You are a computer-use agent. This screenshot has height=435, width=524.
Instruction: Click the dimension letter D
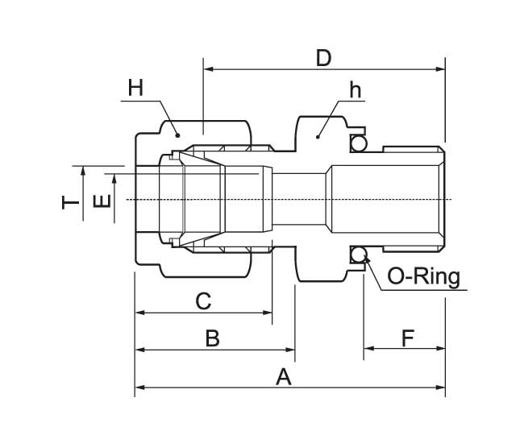323,58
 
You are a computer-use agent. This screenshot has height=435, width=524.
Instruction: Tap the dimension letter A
283,375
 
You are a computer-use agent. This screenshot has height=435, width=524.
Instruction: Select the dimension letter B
212,338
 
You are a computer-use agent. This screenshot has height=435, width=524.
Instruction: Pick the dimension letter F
407,338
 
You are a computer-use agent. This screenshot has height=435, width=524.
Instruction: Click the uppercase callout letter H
135,88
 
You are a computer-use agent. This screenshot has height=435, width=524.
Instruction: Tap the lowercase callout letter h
354,89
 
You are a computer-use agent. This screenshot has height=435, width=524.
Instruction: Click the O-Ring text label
423,277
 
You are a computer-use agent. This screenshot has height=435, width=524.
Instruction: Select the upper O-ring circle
358,143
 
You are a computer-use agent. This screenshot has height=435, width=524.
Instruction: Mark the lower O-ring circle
358,256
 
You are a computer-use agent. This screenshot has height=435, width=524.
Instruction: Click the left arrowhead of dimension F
368,350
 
